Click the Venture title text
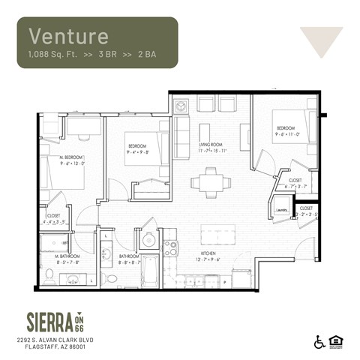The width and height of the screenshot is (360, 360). point(68,35)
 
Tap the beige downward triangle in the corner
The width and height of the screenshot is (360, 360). point(321,40)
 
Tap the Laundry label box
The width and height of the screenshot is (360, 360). point(281,211)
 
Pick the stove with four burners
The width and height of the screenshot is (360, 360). point(170,247)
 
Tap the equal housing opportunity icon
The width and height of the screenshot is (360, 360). point(335,341)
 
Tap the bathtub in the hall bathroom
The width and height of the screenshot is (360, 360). point(149,271)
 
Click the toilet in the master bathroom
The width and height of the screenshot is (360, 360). point(49,277)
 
